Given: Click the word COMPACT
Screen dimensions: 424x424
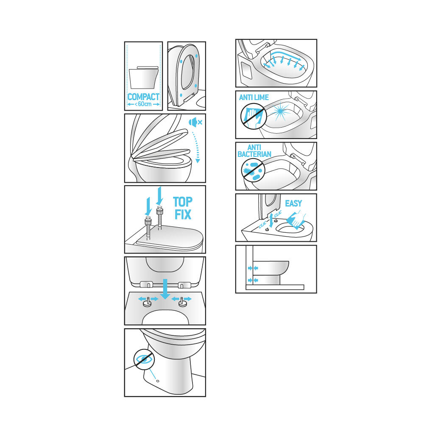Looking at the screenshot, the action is coord(143,97).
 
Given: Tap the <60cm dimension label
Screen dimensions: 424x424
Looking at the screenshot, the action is coord(143,104).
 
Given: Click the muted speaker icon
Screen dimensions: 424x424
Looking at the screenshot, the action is coord(195,122).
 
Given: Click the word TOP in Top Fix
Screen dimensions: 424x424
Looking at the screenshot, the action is coord(183,202).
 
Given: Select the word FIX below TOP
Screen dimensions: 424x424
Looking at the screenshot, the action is coord(183,215).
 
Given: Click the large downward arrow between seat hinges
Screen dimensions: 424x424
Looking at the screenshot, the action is coord(165,289).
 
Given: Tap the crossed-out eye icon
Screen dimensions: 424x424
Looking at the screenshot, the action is coord(144,359).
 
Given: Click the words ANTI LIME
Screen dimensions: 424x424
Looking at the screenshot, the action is coord(254,98).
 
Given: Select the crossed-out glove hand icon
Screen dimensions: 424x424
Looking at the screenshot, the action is coord(254,117).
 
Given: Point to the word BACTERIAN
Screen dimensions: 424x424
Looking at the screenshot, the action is coord(254,154).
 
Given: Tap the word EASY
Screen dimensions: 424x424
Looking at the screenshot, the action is coord(293,204).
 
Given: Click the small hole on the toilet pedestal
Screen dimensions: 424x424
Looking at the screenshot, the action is coord(158,381).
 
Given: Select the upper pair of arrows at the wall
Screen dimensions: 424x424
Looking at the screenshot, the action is coord(253,268).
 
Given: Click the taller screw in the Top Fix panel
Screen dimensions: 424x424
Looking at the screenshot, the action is coord(160,218).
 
